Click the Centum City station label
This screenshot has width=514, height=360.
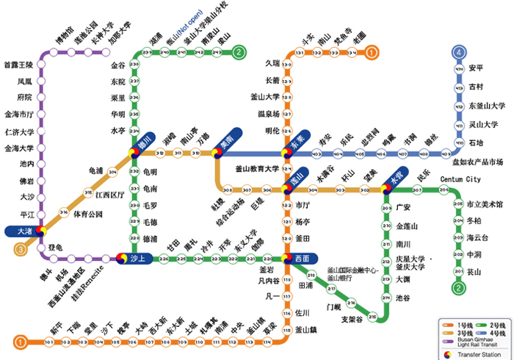point(460,180)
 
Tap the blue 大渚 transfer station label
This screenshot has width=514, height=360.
point(24,231)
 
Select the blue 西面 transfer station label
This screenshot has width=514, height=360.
point(303,259)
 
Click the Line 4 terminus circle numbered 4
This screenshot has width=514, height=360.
point(460,52)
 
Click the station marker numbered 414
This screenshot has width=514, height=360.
point(460,69)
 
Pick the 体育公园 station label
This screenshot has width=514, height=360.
point(88,215)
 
